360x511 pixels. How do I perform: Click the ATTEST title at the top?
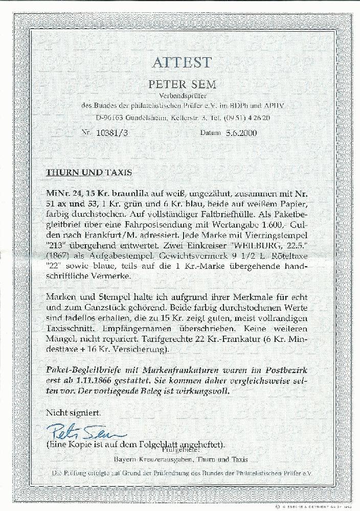pos(181,62)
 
